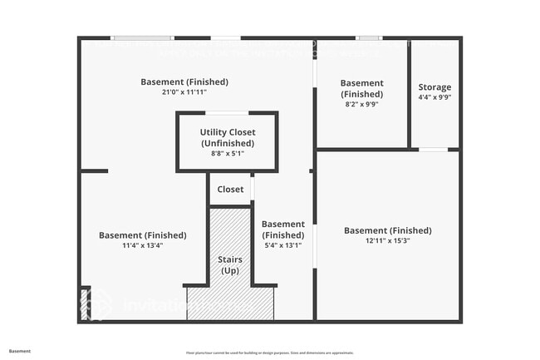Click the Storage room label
coord(434,86)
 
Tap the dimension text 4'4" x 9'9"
coord(434,97)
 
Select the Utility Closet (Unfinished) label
coord(228,137)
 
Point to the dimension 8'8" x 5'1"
coord(228,154)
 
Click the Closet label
coord(230,190)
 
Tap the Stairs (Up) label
coord(230,265)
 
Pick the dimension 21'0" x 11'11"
coord(184,92)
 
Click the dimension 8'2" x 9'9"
coord(362,105)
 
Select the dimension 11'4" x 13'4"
coord(143,246)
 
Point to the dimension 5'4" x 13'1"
coord(283,245)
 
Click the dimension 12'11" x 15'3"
coord(388,242)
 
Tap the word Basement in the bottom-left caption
coord(20,351)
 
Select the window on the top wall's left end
coord(142,38)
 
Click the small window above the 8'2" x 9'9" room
coord(369,38)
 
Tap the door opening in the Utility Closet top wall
coord(226,113)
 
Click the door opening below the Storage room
coord(433,150)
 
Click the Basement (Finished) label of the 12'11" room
coord(388,230)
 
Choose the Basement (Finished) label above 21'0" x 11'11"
coord(184,81)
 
